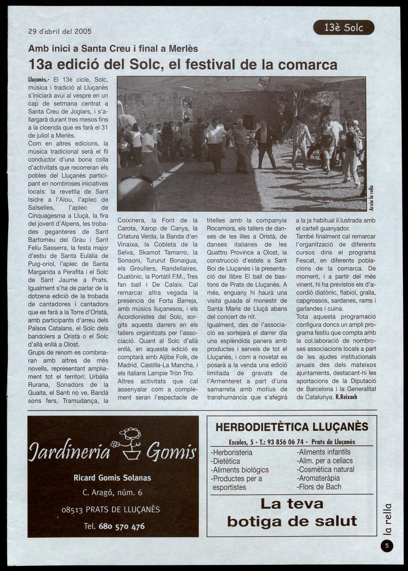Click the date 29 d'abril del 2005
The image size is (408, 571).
point(60,31)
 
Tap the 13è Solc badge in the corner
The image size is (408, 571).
point(344,28)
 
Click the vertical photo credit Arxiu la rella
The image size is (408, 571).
point(371,198)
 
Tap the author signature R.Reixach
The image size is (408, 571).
point(346,397)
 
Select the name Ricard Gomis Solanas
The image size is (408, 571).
point(112,478)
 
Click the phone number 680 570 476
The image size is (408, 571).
point(122,526)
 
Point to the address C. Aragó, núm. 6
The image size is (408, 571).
point(112,493)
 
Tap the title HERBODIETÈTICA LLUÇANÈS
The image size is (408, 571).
point(292,427)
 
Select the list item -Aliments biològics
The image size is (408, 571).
point(240,470)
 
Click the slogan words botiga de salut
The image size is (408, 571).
point(292,521)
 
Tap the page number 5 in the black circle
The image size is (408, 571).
point(387,546)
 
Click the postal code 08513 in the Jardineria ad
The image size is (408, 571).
point(72,510)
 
